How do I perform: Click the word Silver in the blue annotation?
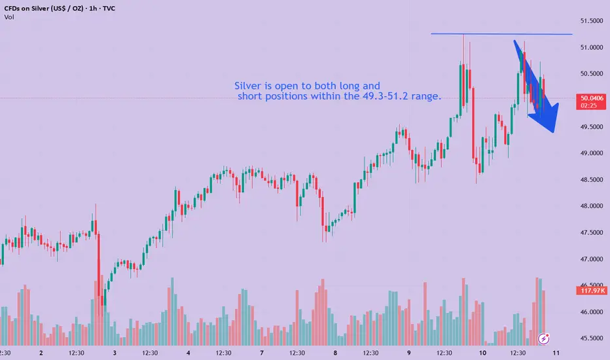(x=248, y=86)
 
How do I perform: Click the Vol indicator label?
(x=9, y=17)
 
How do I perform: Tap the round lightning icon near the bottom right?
(x=543, y=338)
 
